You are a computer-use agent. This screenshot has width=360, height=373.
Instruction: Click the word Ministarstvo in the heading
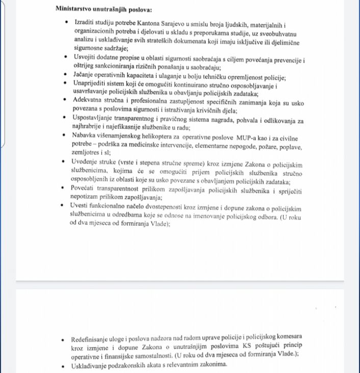click(77, 9)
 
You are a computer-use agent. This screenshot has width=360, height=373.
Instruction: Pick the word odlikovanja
click(273, 121)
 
